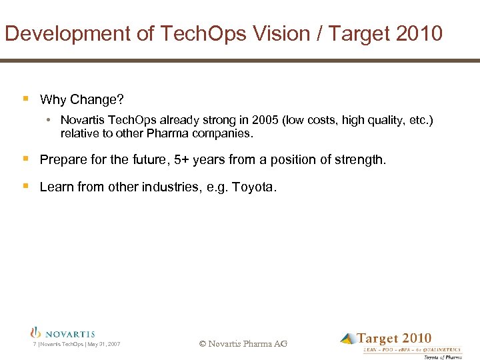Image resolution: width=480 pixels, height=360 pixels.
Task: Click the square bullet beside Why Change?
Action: pos(25,99)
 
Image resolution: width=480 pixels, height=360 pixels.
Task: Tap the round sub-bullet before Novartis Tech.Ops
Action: pos(50,121)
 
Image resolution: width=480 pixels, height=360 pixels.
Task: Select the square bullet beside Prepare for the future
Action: pos(25,159)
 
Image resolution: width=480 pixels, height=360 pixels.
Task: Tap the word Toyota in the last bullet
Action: pos(253,187)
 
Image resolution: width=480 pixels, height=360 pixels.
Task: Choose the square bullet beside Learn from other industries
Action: pos(25,187)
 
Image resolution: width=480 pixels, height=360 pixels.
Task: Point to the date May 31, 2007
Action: pos(105,344)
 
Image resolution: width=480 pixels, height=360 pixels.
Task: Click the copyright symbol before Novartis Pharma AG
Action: pos(203,344)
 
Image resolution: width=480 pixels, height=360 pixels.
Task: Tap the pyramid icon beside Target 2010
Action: pos(347,339)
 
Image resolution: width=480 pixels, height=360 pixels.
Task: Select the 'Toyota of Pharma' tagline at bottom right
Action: pos(443,357)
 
